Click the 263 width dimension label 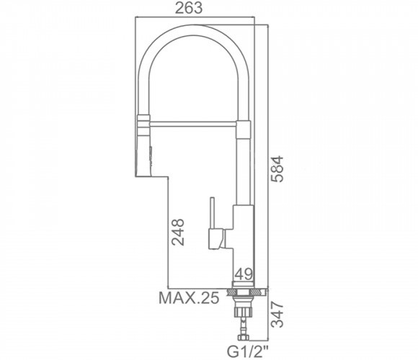point(189,8)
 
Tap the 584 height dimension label point(277,168)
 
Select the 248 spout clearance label point(178,232)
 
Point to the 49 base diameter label point(243,274)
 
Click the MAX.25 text point(189,298)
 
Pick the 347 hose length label point(277,315)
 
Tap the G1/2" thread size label point(248,351)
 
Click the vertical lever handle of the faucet point(212,212)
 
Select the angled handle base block point(216,238)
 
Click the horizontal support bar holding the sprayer point(193,124)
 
